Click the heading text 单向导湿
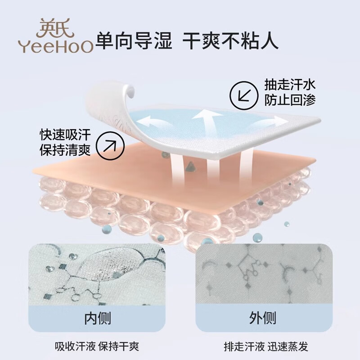134,40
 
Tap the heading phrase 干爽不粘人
230,40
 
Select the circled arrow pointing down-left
243,95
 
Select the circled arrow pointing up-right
110,146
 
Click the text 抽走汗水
290,85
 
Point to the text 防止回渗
290,100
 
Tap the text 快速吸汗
65,135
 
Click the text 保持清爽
65,150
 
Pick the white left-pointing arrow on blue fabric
153,123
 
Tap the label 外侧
262,318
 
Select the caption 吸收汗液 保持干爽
97,346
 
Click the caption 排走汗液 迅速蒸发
266,346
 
